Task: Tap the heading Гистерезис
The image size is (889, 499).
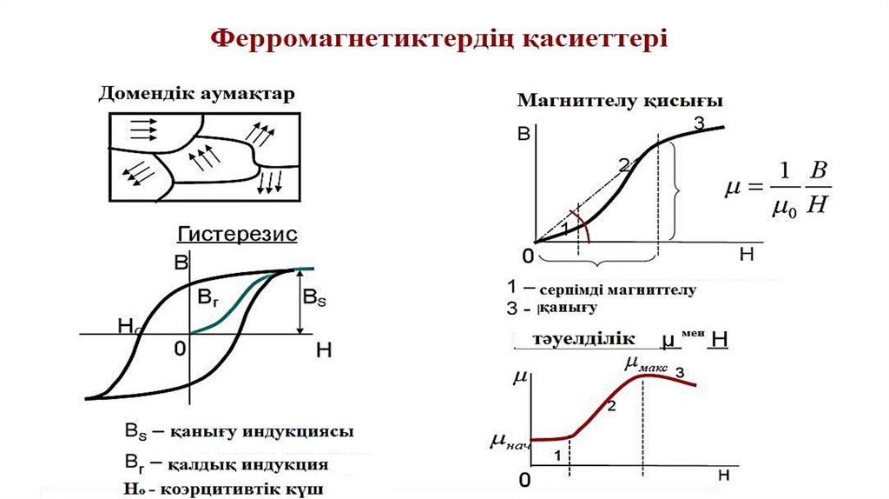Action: point(238,234)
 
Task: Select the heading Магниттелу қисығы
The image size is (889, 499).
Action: point(621,101)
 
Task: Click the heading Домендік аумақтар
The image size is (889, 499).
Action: point(197,94)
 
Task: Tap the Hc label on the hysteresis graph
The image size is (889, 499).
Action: point(128,326)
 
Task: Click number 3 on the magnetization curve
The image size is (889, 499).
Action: point(700,123)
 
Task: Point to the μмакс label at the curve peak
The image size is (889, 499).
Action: point(646,366)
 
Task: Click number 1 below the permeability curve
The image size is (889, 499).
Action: point(557,454)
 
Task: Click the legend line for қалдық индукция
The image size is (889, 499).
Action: point(227,463)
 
